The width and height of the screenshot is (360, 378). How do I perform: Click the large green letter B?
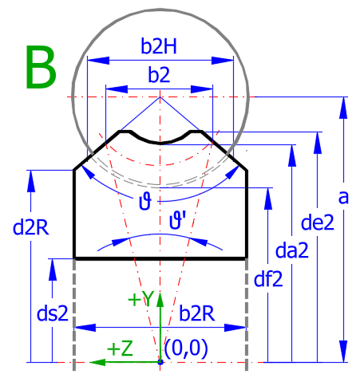[41, 67]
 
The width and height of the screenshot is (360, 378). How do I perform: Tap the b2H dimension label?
[159, 46]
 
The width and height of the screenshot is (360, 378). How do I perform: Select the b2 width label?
[159, 74]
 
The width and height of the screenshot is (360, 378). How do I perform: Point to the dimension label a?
[343, 197]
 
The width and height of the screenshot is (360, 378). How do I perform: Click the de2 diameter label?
[317, 222]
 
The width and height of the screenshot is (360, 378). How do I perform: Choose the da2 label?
[292, 250]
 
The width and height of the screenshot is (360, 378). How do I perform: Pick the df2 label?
[268, 279]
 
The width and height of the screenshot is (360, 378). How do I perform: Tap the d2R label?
[31, 227]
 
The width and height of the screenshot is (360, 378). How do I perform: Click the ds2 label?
[53, 313]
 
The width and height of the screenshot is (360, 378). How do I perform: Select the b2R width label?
[197, 313]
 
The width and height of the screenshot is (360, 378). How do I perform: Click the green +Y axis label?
[140, 299]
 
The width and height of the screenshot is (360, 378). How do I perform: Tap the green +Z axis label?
[120, 348]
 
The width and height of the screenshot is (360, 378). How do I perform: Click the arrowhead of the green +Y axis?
[160, 299]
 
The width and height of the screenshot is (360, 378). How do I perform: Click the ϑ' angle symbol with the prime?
[177, 221]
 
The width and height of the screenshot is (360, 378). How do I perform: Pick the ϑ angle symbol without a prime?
[145, 201]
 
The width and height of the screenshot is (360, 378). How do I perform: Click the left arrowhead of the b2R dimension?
[85, 328]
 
